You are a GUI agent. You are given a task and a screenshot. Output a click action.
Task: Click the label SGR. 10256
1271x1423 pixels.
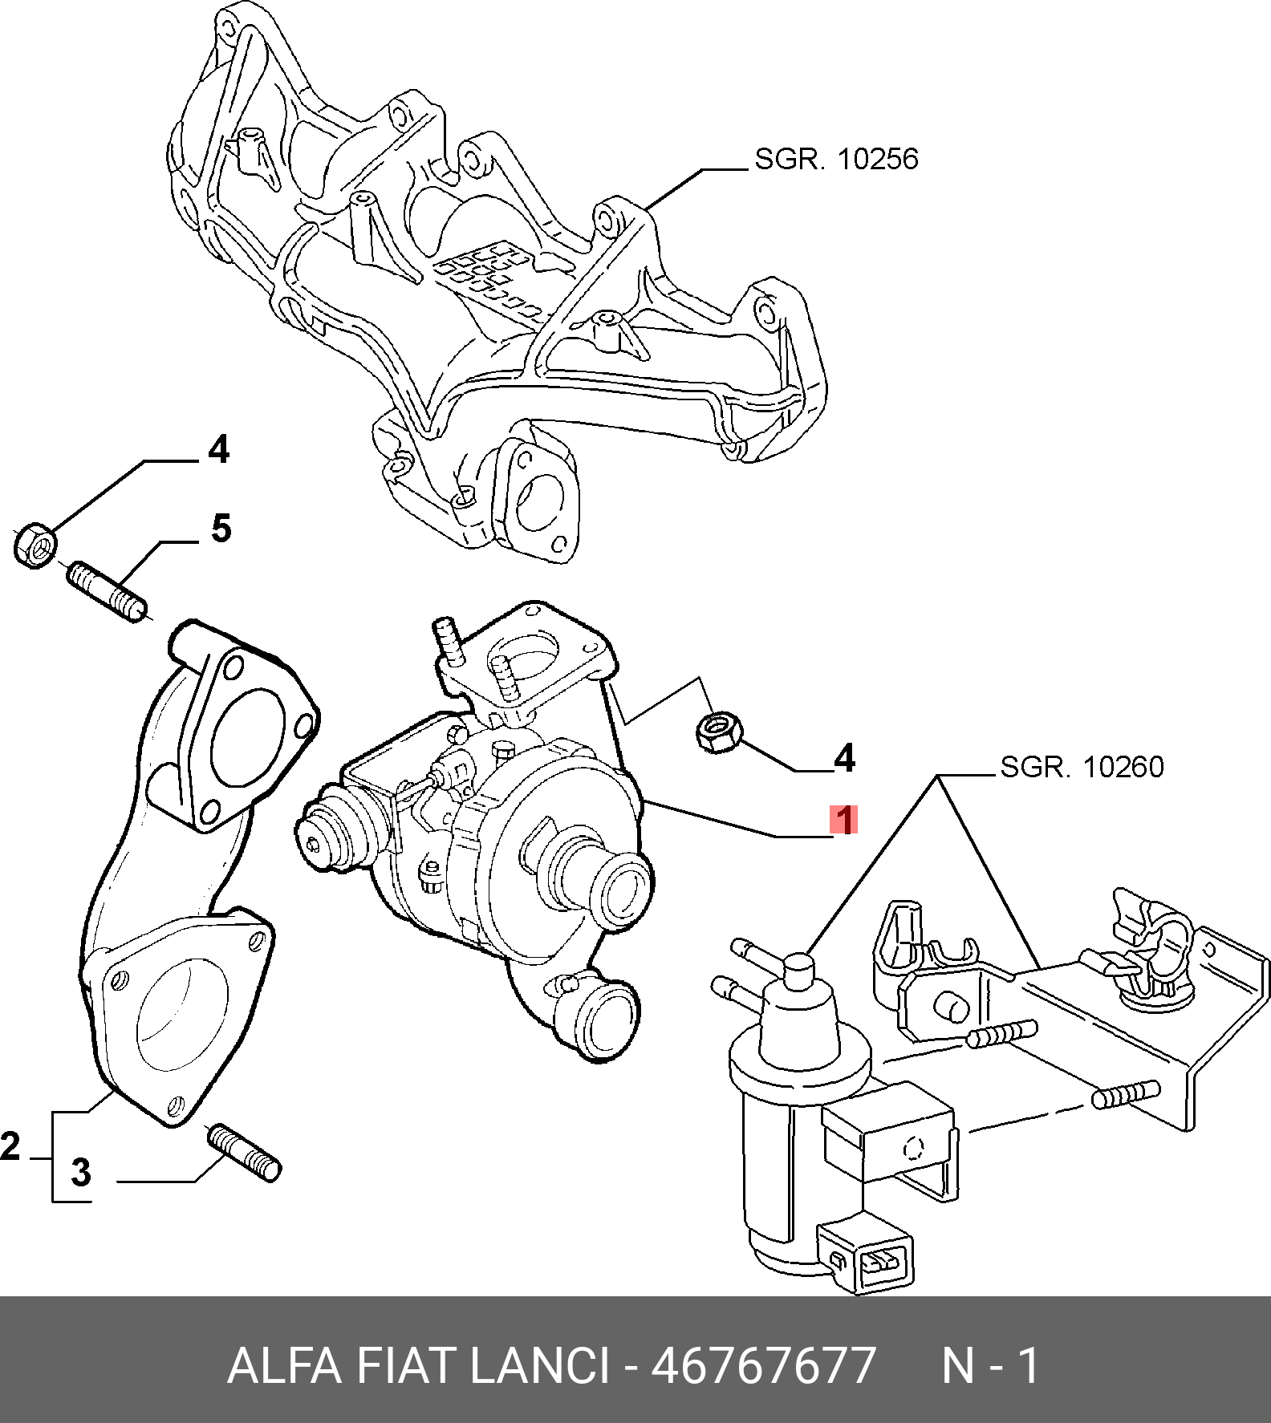click(x=836, y=159)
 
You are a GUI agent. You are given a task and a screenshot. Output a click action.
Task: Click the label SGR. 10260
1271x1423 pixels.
click(x=1082, y=767)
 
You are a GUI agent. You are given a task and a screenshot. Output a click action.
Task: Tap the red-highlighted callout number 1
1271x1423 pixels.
click(x=843, y=820)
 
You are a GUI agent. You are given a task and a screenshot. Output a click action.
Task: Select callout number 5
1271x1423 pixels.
click(x=221, y=529)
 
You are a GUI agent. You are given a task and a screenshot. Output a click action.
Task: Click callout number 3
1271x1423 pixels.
click(x=81, y=1172)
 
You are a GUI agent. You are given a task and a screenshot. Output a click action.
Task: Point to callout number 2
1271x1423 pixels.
click(x=10, y=1145)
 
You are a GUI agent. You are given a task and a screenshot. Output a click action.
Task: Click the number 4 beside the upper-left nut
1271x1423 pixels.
click(x=218, y=449)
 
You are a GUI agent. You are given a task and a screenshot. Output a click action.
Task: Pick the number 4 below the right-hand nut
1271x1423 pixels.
click(x=844, y=758)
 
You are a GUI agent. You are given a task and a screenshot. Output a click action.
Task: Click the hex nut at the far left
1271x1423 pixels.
click(x=35, y=545)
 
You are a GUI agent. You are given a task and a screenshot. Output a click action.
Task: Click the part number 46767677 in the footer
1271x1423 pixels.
click(x=762, y=1365)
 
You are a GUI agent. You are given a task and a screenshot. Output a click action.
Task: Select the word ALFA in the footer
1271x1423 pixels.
click(x=284, y=1365)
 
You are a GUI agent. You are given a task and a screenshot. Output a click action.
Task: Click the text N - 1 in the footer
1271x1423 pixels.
click(x=990, y=1365)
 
